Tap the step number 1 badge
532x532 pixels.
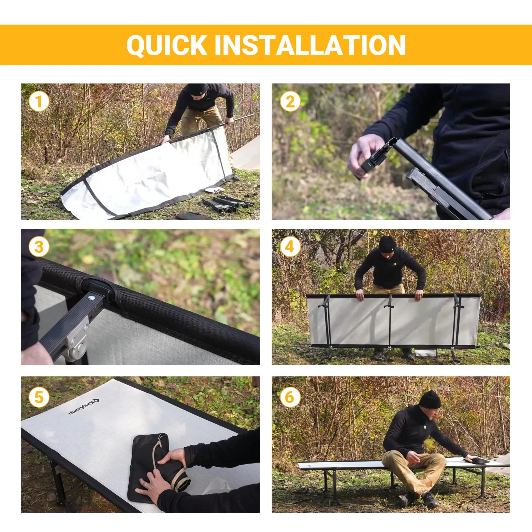39,102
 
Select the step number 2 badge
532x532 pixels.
290,102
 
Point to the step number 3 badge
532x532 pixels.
39,247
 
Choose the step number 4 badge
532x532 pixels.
290,247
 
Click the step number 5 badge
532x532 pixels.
39,397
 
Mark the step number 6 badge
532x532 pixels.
290,397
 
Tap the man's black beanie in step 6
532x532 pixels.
429,400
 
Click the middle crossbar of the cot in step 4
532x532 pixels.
390,321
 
